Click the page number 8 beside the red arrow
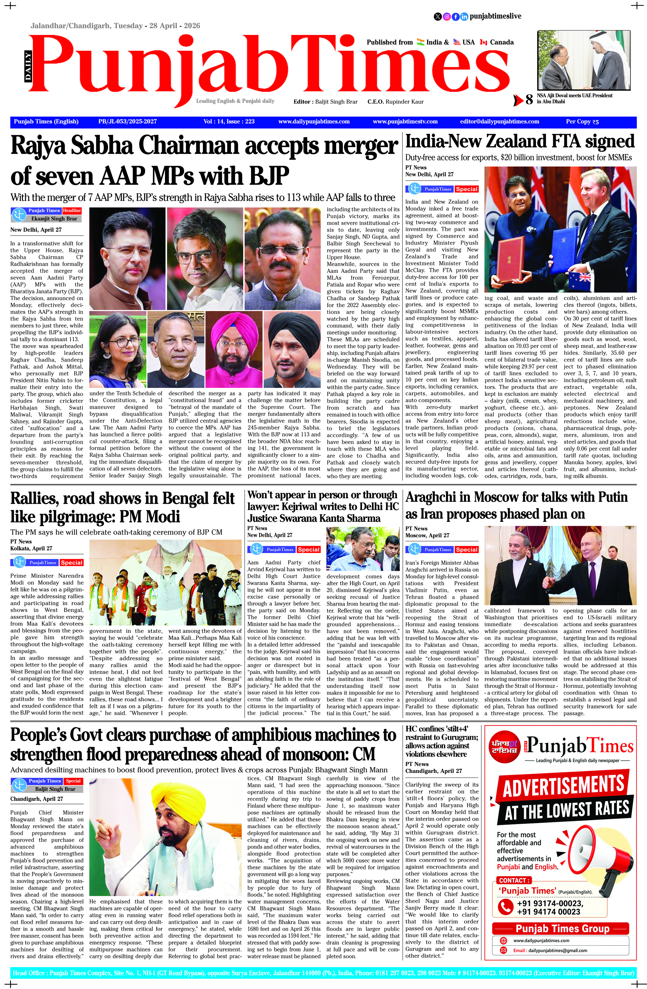(x=529, y=100)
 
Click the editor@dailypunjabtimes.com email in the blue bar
(x=499, y=122)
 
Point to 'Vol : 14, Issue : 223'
(x=229, y=122)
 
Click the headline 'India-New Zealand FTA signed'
(x=520, y=142)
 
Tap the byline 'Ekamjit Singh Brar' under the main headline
(x=54, y=219)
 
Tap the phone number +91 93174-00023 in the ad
(x=550, y=903)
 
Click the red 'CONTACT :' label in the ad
(x=514, y=880)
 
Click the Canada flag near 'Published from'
(x=484, y=42)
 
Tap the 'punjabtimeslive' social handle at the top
(x=495, y=16)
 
